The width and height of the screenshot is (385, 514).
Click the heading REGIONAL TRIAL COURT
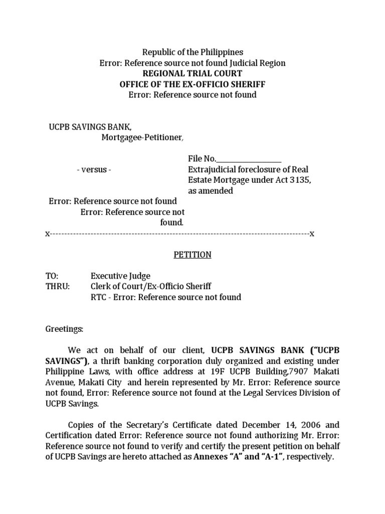[192, 73]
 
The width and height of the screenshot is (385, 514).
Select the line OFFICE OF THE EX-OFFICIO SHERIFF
[192, 84]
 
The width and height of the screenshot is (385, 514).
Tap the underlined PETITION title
[192, 255]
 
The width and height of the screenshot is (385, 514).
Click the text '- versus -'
[94, 170]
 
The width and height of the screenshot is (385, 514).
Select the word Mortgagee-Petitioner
[142, 138]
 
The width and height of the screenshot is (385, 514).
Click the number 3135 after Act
[300, 180]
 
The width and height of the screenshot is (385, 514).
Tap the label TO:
[52, 276]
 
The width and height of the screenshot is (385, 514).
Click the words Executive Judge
[120, 276]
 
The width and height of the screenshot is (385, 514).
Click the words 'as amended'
[210, 191]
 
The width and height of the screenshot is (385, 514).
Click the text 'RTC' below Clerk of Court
[98, 297]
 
